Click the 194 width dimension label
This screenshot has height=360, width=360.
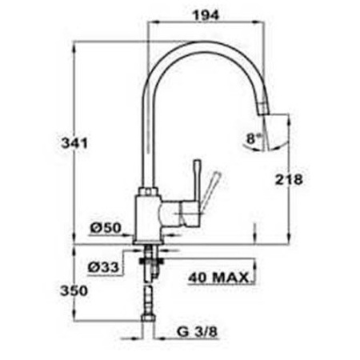[206, 15]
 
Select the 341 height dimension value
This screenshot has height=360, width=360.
[74, 143]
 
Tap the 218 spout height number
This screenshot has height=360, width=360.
[289, 180]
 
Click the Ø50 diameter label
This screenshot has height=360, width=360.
[106, 228]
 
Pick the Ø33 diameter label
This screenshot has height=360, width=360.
[103, 267]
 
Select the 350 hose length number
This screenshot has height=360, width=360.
[74, 290]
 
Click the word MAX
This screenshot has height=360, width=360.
[230, 278]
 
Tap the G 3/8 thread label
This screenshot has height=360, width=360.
[197, 332]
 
